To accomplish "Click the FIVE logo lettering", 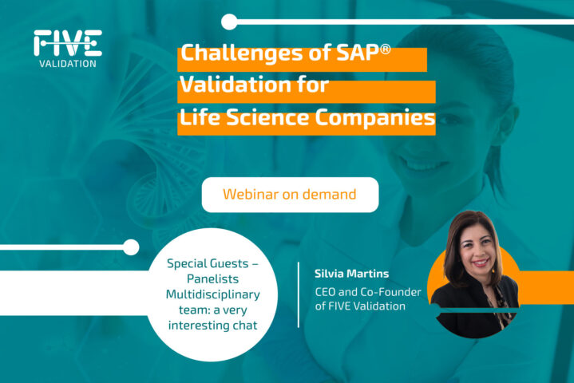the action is (68, 43).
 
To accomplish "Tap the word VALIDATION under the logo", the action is (68, 64).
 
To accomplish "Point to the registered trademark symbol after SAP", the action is (386, 49).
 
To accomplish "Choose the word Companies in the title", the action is (375, 119).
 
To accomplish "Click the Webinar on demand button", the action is (290, 195).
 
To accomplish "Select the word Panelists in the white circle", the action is (212, 278).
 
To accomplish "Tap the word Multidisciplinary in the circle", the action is (212, 294).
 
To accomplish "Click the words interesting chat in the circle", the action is (212, 326).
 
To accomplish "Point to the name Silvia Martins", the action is (352, 273).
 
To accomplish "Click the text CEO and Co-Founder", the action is (368, 292).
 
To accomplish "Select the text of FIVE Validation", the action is (360, 306).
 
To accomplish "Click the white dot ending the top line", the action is (229, 22).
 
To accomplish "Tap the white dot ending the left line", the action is (131, 247).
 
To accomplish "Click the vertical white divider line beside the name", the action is (299, 294).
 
